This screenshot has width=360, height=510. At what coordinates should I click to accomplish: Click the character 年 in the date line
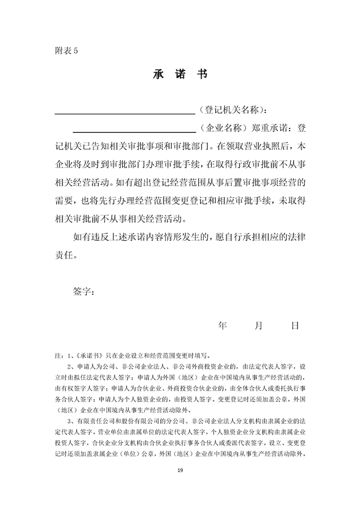223,325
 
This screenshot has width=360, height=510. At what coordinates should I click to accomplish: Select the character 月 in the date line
259,325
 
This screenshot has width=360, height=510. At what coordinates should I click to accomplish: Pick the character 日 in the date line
295,325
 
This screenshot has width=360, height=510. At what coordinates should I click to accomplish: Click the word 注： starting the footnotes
58,356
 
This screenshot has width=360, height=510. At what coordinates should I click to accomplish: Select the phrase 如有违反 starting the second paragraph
90,237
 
